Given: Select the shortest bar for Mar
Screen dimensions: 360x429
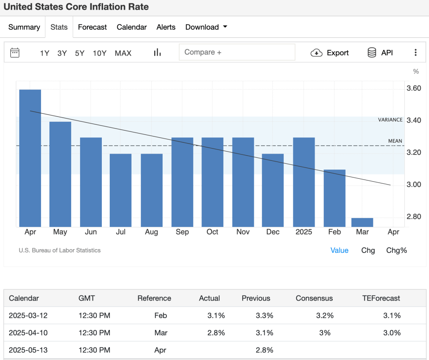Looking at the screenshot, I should (362, 222).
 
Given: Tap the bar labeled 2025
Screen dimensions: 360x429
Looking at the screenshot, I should (304, 182).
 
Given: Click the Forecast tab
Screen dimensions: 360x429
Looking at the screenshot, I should (92, 27).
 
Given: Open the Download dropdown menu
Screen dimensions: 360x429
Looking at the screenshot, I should (206, 27).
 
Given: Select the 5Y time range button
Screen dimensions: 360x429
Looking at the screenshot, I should (80, 53).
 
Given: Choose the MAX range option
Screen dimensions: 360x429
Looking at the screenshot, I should (123, 53).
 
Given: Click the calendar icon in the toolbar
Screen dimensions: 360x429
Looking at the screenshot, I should (15, 53).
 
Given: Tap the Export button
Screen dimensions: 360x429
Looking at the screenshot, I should (330, 53).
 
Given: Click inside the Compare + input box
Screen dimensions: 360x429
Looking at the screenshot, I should (237, 52).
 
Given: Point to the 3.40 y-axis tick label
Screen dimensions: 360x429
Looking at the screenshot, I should (414, 121).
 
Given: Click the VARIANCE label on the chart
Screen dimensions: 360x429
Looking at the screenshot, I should (390, 120).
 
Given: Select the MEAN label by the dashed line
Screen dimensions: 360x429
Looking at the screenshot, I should (395, 141).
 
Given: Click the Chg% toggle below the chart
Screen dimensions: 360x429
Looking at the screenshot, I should (396, 250).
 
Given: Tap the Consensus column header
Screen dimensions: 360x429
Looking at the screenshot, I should (314, 298).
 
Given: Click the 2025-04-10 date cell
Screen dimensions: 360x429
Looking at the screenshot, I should (28, 333).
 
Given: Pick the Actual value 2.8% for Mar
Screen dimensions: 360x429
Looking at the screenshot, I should (216, 333).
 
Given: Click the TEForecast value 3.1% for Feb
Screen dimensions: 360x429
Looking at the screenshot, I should (392, 316).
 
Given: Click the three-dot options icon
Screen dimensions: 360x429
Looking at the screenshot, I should (416, 53).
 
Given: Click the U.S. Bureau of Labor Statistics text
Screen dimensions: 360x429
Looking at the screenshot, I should (59, 250).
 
